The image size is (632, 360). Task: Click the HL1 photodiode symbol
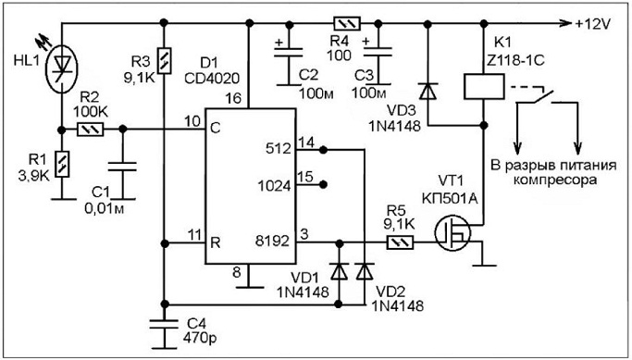pyautogui.click(x=62, y=68)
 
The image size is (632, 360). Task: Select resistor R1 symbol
pyautogui.click(x=62, y=164)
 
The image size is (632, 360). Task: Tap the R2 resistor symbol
pyautogui.click(x=91, y=130)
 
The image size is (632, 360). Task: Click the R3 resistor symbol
pyautogui.click(x=165, y=61)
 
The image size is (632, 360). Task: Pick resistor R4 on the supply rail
pyautogui.click(x=347, y=24)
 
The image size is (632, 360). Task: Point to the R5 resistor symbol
pyautogui.click(x=401, y=242)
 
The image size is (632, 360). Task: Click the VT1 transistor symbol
pyautogui.click(x=452, y=233)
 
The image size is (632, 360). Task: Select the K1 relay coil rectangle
pyautogui.click(x=484, y=86)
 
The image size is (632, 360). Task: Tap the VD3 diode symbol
pyautogui.click(x=428, y=91)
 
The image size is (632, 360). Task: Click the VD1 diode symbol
pyautogui.click(x=339, y=271)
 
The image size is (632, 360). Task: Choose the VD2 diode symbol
pyautogui.click(x=365, y=271)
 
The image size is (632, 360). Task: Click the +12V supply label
pyautogui.click(x=593, y=24)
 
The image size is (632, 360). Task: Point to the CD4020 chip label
pyautogui.click(x=212, y=78)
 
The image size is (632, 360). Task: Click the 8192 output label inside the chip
pyautogui.click(x=272, y=241)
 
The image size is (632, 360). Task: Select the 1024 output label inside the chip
pyautogui.click(x=275, y=186)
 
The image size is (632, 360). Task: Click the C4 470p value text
pyautogui.click(x=200, y=338)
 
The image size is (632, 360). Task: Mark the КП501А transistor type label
pyautogui.click(x=450, y=198)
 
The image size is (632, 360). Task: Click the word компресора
pyautogui.click(x=554, y=180)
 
